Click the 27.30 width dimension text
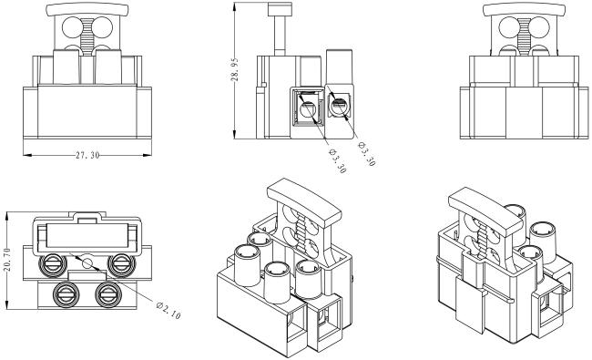(87, 155)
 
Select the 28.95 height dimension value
(235, 69)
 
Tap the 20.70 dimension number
(6, 260)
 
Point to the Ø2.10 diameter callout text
(168, 310)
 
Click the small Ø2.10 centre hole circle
(87, 262)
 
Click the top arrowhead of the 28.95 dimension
(235, 6)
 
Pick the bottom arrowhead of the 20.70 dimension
(6, 305)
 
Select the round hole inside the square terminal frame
(307, 110)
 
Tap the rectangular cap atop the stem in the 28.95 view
(281, 9)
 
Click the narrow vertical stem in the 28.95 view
(281, 36)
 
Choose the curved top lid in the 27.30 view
(87, 9)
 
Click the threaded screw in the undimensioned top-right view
(524, 36)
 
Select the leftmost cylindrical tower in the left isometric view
(248, 265)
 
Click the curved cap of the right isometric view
(485, 211)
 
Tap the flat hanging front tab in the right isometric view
(470, 304)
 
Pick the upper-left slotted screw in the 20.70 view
(53, 264)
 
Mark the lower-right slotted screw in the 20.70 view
(108, 294)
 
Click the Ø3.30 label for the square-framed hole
(337, 161)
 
